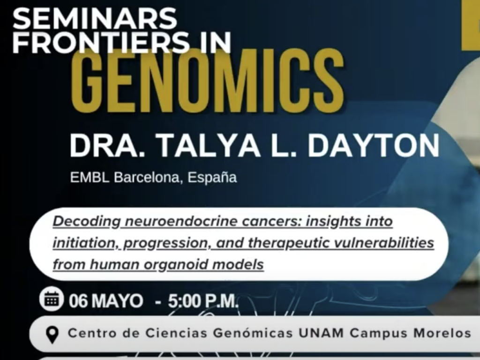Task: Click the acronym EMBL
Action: (x=90, y=178)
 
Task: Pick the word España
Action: (x=212, y=178)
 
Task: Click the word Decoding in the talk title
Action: (x=87, y=222)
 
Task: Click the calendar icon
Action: (x=52, y=299)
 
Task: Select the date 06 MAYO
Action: (x=106, y=301)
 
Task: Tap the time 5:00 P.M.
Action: (x=203, y=301)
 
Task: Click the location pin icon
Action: (x=52, y=335)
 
